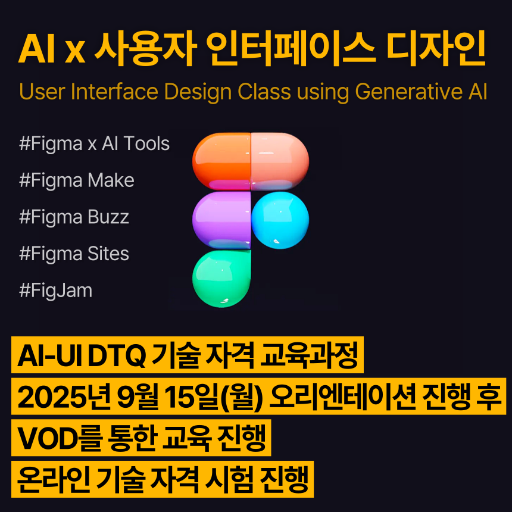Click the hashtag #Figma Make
[77, 180]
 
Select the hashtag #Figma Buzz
[74, 217]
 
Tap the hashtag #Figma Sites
[74, 254]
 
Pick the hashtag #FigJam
[56, 291]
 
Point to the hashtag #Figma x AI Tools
[95, 144]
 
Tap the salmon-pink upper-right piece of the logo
[280, 160]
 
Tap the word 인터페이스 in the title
[294, 50]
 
